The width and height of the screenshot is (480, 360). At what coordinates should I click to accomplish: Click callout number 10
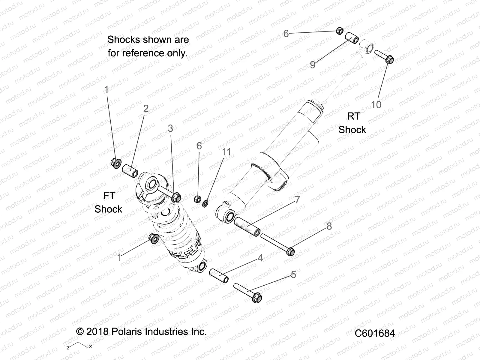tap(376, 105)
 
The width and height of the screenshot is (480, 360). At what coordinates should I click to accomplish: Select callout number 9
tap(313, 64)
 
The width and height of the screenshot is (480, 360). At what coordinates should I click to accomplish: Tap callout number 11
tap(226, 152)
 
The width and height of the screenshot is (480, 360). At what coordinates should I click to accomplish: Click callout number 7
tap(297, 199)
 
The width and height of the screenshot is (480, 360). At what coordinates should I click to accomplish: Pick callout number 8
tap(329, 226)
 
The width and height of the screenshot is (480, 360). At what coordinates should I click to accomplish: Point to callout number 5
tap(293, 274)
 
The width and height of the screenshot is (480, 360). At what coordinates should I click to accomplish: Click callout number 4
tap(260, 258)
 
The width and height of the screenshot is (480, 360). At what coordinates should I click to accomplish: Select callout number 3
tap(170, 128)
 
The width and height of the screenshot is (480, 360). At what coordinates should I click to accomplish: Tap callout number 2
tap(146, 109)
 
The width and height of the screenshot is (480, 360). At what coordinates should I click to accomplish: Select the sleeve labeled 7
tap(247, 226)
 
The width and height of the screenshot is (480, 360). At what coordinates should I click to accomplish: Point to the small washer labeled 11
tap(205, 204)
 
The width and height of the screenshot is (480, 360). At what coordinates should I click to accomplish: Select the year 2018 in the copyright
tap(97, 331)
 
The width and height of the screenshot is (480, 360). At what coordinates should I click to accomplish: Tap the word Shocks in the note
tap(124, 40)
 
